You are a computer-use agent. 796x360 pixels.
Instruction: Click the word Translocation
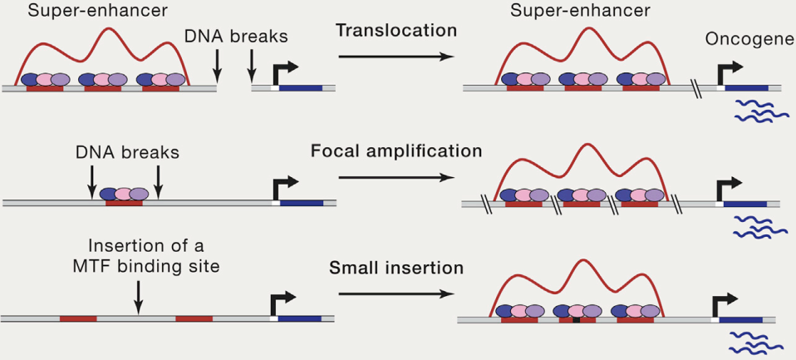(x=396, y=31)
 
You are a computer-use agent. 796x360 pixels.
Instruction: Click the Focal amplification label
(x=396, y=151)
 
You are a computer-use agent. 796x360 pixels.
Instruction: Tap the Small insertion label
(x=396, y=269)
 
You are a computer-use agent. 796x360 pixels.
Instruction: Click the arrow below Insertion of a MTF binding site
(x=138, y=296)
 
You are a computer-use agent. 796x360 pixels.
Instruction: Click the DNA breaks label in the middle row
(x=125, y=153)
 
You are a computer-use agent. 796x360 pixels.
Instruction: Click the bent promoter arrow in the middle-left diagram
(x=283, y=190)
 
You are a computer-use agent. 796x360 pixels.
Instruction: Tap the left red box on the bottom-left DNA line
(x=77, y=318)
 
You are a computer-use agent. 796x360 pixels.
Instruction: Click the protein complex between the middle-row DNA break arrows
(x=124, y=195)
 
